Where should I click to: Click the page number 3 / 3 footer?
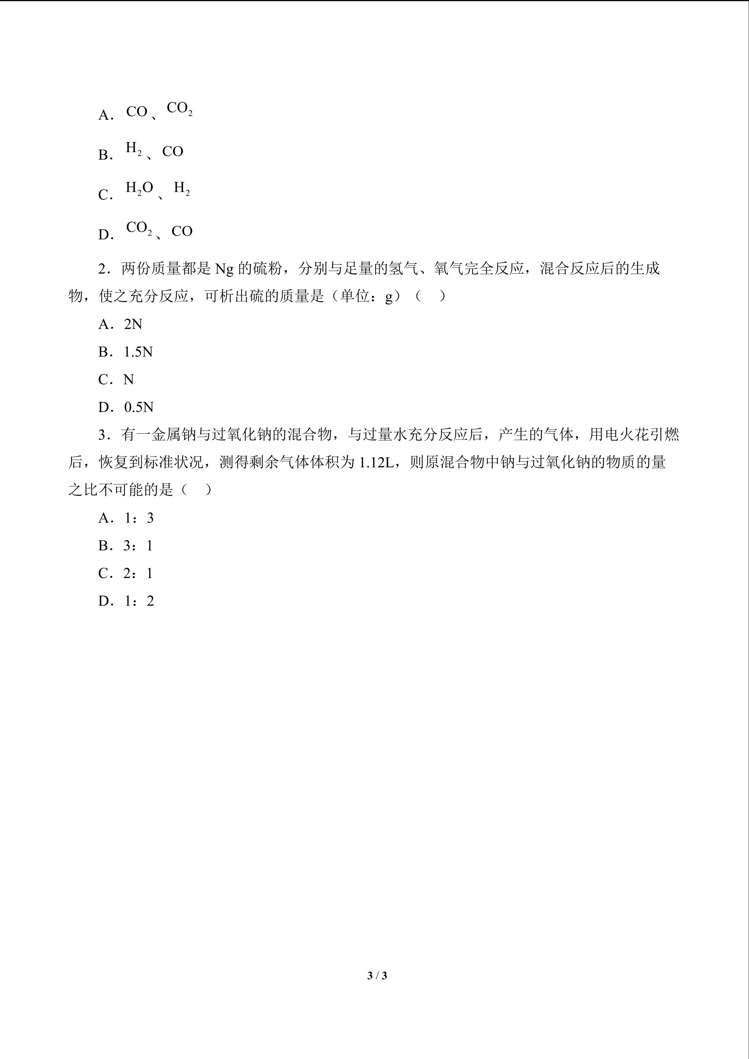pyautogui.click(x=377, y=976)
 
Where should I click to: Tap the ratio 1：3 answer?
pyautogui.click(x=138, y=518)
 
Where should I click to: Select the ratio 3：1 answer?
pyautogui.click(x=138, y=546)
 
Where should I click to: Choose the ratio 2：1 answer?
pyautogui.click(x=138, y=574)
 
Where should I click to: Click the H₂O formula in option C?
pyautogui.click(x=139, y=188)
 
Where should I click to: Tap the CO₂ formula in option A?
pyautogui.click(x=179, y=109)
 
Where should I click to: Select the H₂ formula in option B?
pyautogui.click(x=134, y=148)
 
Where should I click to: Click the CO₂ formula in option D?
pyautogui.click(x=139, y=228)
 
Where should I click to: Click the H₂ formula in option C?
pyautogui.click(x=182, y=188)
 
